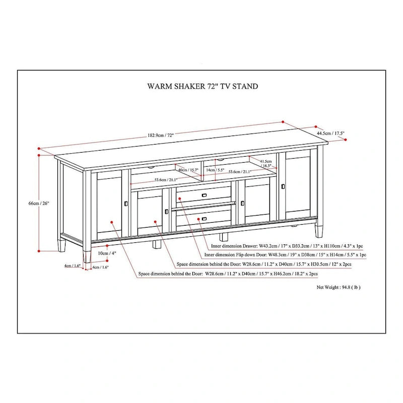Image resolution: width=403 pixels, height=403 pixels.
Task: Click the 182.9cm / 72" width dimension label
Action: [x=160, y=136]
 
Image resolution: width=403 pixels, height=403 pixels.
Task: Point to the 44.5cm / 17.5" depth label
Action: [x=330, y=133]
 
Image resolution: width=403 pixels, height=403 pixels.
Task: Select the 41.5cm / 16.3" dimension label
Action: [x=266, y=163]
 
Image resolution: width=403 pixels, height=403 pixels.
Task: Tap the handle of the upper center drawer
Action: [x=204, y=194]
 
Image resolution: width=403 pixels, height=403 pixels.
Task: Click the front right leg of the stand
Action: [x=319, y=230]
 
